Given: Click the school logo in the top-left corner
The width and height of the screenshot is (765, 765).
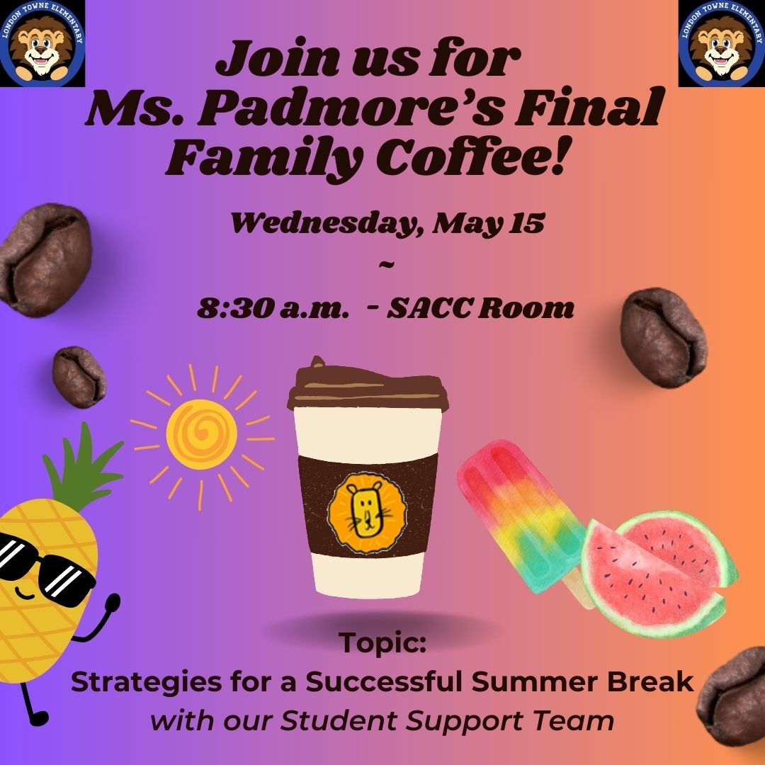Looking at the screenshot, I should pos(42,43).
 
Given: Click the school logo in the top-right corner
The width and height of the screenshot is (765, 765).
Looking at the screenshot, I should pos(721,43).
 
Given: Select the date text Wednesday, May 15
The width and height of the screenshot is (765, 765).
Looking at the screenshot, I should pos(387,224).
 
